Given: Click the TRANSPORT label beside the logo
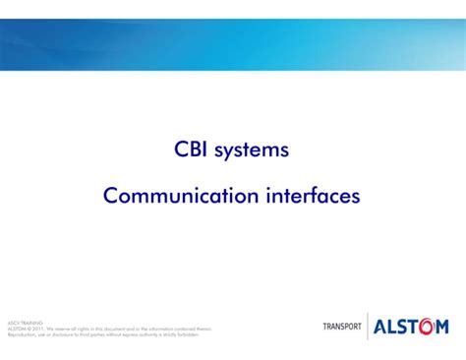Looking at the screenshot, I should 342,327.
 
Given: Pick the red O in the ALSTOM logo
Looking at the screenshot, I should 428,327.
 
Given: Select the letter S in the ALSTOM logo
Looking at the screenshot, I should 403,327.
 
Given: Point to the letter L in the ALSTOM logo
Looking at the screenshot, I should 392,327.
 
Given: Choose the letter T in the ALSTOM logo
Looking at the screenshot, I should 415,327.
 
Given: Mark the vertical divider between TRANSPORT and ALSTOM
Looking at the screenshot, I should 368,327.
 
